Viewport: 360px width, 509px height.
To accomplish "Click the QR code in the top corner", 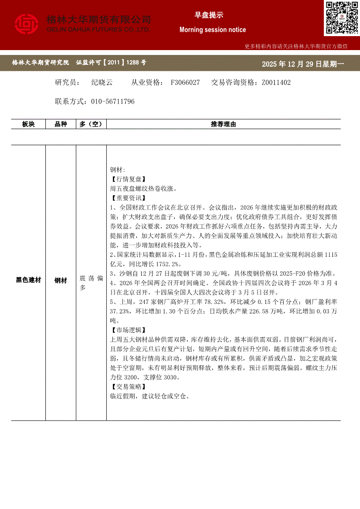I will tap(342, 18).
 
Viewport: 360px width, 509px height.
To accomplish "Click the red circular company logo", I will tap(27, 24).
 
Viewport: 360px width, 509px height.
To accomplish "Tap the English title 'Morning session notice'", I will tap(213, 30).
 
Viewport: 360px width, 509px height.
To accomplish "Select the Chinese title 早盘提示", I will tap(209, 15).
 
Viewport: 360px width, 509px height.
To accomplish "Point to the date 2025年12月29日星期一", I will tap(303, 64).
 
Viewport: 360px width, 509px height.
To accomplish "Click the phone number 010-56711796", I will tap(112, 101).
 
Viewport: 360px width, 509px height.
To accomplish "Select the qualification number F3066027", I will tap(185, 82).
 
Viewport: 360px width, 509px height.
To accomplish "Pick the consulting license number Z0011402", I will tap(276, 82).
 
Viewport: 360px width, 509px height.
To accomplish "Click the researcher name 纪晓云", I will tap(102, 82).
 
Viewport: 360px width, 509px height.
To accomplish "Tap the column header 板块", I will tap(28, 124).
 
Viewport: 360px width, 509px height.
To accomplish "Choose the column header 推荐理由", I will tap(223, 124).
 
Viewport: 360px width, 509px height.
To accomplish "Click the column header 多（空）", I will tap(91, 124).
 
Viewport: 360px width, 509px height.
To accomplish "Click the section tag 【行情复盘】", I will tap(128, 179).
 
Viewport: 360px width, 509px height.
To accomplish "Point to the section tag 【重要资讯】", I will tap(128, 198).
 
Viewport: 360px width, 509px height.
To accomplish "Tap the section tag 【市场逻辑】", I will tap(128, 330).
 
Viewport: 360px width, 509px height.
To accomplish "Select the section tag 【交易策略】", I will tap(128, 387).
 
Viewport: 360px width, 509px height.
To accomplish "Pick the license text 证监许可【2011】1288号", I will tap(111, 63).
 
